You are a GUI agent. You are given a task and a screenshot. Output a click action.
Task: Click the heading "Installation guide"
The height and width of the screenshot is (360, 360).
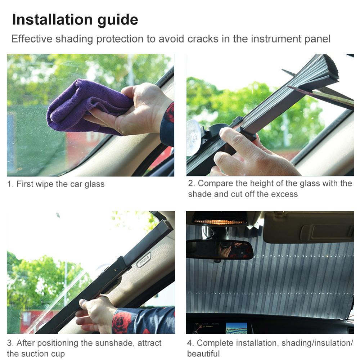(x=75, y=20)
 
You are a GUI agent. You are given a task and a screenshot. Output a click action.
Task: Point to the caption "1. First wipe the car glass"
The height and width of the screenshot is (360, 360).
(x=56, y=184)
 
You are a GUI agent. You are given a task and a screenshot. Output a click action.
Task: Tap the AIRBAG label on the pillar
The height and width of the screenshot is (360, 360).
(x=143, y=259)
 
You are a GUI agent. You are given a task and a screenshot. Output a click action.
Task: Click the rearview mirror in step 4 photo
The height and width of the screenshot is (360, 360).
(x=220, y=249)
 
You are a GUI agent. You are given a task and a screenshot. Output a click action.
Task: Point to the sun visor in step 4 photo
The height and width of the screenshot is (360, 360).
(x=309, y=228)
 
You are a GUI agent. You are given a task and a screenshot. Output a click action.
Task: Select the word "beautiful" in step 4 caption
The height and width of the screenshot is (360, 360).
(x=203, y=354)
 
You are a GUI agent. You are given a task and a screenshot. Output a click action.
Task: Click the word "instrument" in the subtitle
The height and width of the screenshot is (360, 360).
(x=270, y=39)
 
